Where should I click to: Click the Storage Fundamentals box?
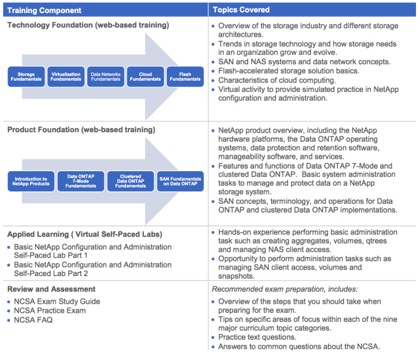(x=26, y=77)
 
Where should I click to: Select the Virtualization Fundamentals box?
(x=66, y=77)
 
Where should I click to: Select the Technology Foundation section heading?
(x=88, y=25)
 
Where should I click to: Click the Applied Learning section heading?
(x=85, y=234)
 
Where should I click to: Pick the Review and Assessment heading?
(x=51, y=289)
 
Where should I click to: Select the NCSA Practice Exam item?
(x=50, y=311)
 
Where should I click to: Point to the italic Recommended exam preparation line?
(x=284, y=289)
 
